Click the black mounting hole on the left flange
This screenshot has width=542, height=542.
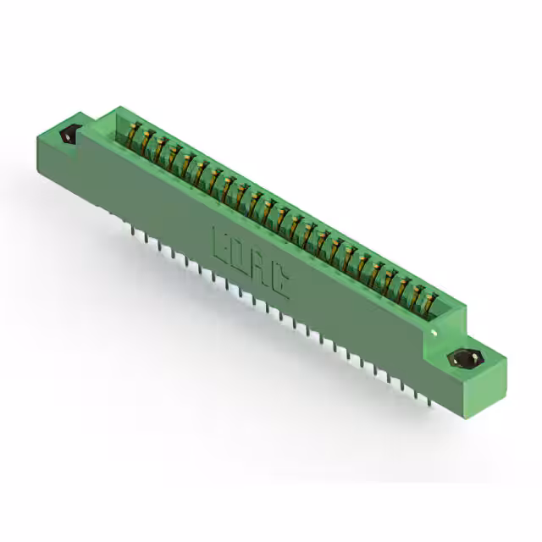coord(68,134)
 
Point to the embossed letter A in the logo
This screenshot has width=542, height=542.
coord(261,268)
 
